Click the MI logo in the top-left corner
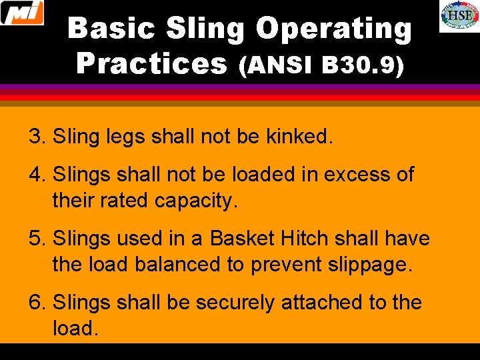click(x=22, y=13)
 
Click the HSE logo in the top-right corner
click(x=459, y=16)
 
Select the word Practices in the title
click(x=152, y=64)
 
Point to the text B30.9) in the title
click(x=363, y=65)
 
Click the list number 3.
click(x=37, y=137)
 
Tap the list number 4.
click(x=37, y=175)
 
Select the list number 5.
click(x=37, y=238)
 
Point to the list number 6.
click(x=37, y=302)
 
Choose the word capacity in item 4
click(x=196, y=200)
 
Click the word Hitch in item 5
click(x=303, y=238)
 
